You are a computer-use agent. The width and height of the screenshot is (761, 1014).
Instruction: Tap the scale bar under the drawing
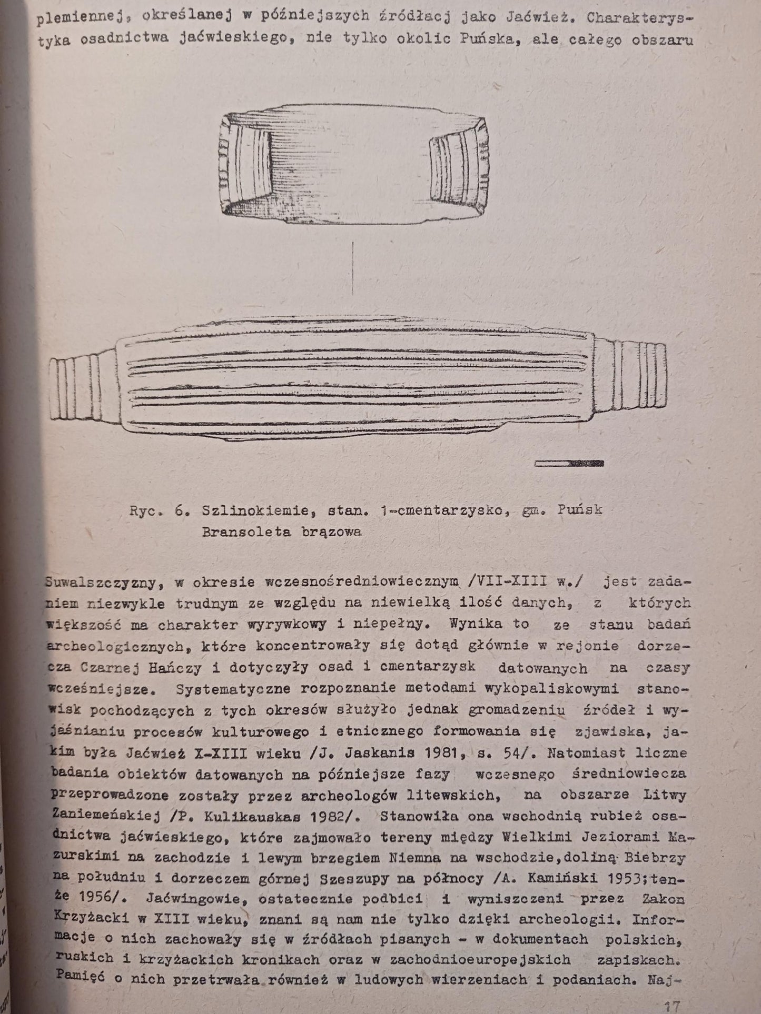click(569, 463)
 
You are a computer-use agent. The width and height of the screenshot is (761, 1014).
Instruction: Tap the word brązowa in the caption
click(332, 532)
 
